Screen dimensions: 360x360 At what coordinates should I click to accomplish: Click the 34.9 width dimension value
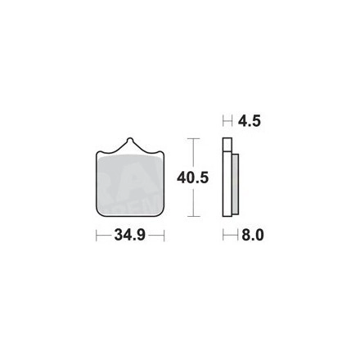(130, 235)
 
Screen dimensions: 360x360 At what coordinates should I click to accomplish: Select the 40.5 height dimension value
(193, 178)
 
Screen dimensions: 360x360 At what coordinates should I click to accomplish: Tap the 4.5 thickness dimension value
(250, 121)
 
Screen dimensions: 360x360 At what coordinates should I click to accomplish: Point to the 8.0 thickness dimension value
(253, 235)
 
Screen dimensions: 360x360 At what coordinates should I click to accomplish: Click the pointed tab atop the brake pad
(130, 144)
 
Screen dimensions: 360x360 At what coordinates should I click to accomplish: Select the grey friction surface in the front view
(130, 186)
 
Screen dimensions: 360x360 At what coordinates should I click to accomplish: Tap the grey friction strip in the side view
(236, 185)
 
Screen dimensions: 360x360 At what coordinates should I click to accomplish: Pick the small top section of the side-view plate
(227, 144)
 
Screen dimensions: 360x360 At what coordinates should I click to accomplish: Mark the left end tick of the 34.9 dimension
(97, 235)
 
